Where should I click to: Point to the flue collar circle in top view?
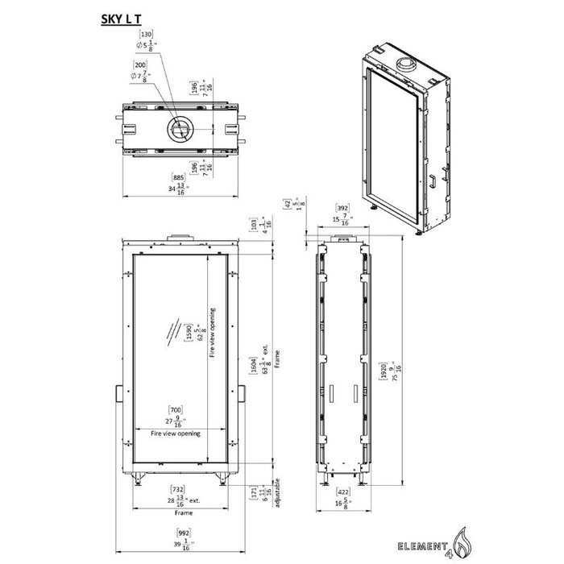tap(179, 129)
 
